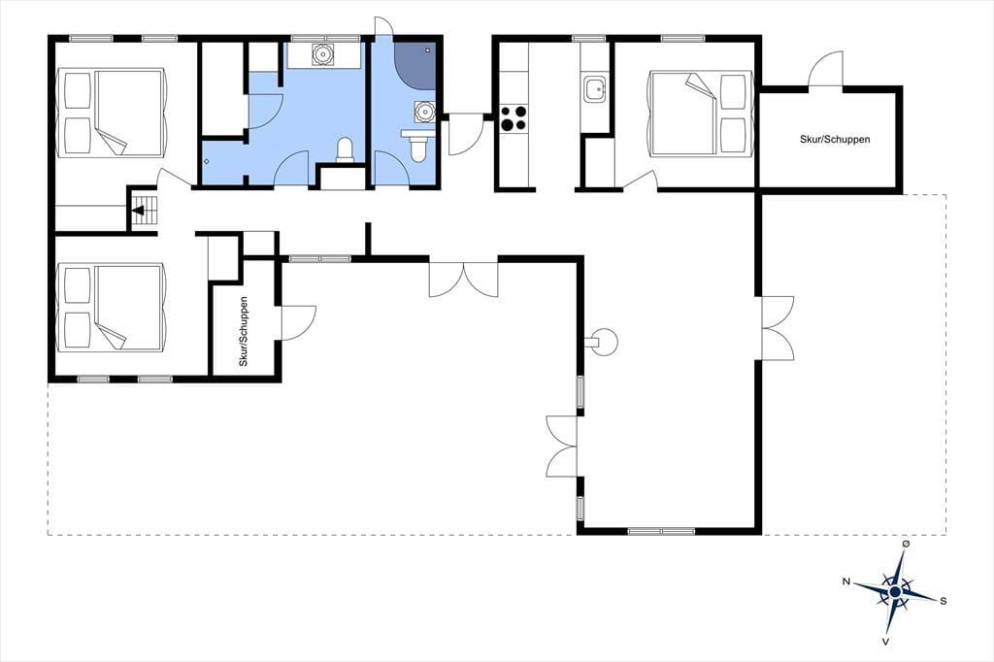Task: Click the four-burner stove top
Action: [x=514, y=118]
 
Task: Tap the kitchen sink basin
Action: [x=595, y=88]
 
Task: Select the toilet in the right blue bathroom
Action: [x=417, y=146]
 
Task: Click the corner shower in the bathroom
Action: [x=415, y=65]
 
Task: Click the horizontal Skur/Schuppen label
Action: [x=834, y=139]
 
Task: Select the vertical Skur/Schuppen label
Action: [x=244, y=331]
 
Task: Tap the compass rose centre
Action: [x=894, y=591]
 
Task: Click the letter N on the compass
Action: [x=845, y=581]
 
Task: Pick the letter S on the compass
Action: [x=944, y=601]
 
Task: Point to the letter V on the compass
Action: [x=885, y=641]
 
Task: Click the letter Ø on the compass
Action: [x=906, y=544]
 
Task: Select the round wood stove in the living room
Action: [x=602, y=343]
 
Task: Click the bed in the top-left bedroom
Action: [x=112, y=113]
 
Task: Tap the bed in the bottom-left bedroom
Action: [x=112, y=308]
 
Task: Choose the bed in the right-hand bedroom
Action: [x=701, y=113]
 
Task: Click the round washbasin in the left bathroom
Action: [x=323, y=54]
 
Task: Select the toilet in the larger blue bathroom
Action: [x=345, y=149]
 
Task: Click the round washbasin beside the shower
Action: [x=424, y=112]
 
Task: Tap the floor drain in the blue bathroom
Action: [x=206, y=161]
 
